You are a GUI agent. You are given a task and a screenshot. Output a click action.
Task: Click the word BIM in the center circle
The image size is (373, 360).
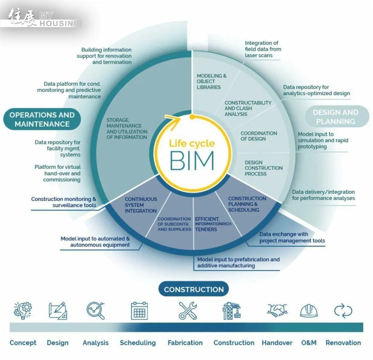[192, 161]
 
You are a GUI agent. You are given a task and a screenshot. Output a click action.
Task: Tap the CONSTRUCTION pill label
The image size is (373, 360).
[193, 290]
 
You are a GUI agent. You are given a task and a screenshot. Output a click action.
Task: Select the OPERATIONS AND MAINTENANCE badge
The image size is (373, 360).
[42, 119]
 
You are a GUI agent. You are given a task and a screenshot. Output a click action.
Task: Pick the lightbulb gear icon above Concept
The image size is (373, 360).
[23, 310]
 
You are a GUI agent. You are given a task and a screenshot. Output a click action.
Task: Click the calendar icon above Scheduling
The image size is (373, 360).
[139, 311]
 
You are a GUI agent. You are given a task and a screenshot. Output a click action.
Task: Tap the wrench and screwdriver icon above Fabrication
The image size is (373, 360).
[188, 311]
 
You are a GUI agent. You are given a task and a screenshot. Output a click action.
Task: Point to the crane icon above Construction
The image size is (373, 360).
[232, 311]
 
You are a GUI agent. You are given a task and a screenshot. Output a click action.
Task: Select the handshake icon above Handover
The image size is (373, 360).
[277, 310]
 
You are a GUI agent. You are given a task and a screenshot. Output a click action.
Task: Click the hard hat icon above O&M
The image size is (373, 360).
[309, 311]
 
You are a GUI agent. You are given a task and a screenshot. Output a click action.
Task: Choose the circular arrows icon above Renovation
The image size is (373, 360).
[343, 311]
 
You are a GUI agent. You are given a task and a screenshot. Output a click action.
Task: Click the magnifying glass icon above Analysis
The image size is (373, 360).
[95, 310]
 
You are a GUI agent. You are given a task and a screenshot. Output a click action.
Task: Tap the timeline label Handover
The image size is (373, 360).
[277, 343]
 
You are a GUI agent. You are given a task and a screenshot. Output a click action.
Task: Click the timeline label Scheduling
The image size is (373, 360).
[138, 343]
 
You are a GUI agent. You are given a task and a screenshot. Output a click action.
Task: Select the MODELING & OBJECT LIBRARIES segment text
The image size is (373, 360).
[211, 82]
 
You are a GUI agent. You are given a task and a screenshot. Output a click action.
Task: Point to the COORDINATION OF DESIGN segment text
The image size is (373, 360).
[259, 136]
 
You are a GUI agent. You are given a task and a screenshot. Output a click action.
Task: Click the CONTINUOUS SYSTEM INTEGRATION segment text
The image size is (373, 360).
[141, 205]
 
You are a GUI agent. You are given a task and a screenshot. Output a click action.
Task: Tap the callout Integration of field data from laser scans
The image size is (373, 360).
[262, 49]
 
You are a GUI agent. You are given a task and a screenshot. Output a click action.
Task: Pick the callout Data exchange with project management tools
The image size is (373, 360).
[292, 238]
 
